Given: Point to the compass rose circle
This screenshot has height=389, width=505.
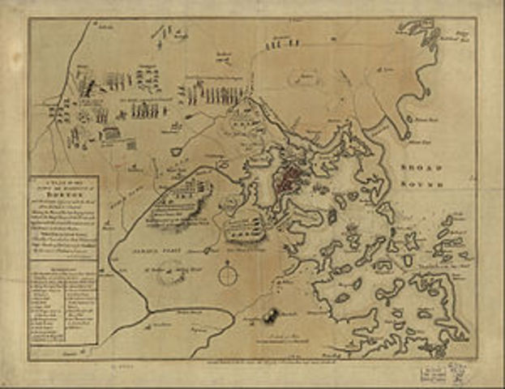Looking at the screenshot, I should pos(229,277).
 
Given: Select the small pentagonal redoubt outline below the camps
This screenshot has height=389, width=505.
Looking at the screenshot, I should pos(176,151).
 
